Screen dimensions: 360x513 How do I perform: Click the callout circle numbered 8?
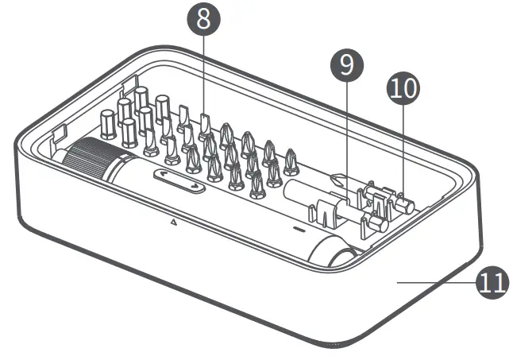pyautogui.click(x=204, y=20)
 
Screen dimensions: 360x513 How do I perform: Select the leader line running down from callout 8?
pyautogui.click(x=204, y=72)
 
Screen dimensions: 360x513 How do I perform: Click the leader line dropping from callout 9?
pyautogui.click(x=344, y=135)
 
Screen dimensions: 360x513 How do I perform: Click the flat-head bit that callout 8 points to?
pyautogui.click(x=205, y=124)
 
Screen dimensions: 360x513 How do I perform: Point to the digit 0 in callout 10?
pyautogui.click(x=409, y=89)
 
